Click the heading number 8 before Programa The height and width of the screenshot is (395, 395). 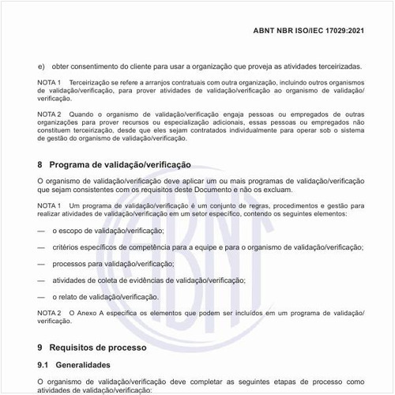[40, 165]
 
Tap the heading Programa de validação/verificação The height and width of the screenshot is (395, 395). [120, 165]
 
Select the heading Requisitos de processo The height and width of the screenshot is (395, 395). [99, 347]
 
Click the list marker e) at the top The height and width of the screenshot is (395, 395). [40, 66]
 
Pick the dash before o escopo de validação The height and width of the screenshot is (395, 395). [41, 231]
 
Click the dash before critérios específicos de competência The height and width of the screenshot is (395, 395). [41, 247]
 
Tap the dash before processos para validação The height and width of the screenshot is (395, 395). [41, 264]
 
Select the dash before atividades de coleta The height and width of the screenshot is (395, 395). [41, 280]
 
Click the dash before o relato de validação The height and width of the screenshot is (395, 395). [41, 297]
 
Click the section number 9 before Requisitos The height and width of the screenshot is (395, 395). [40, 347]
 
